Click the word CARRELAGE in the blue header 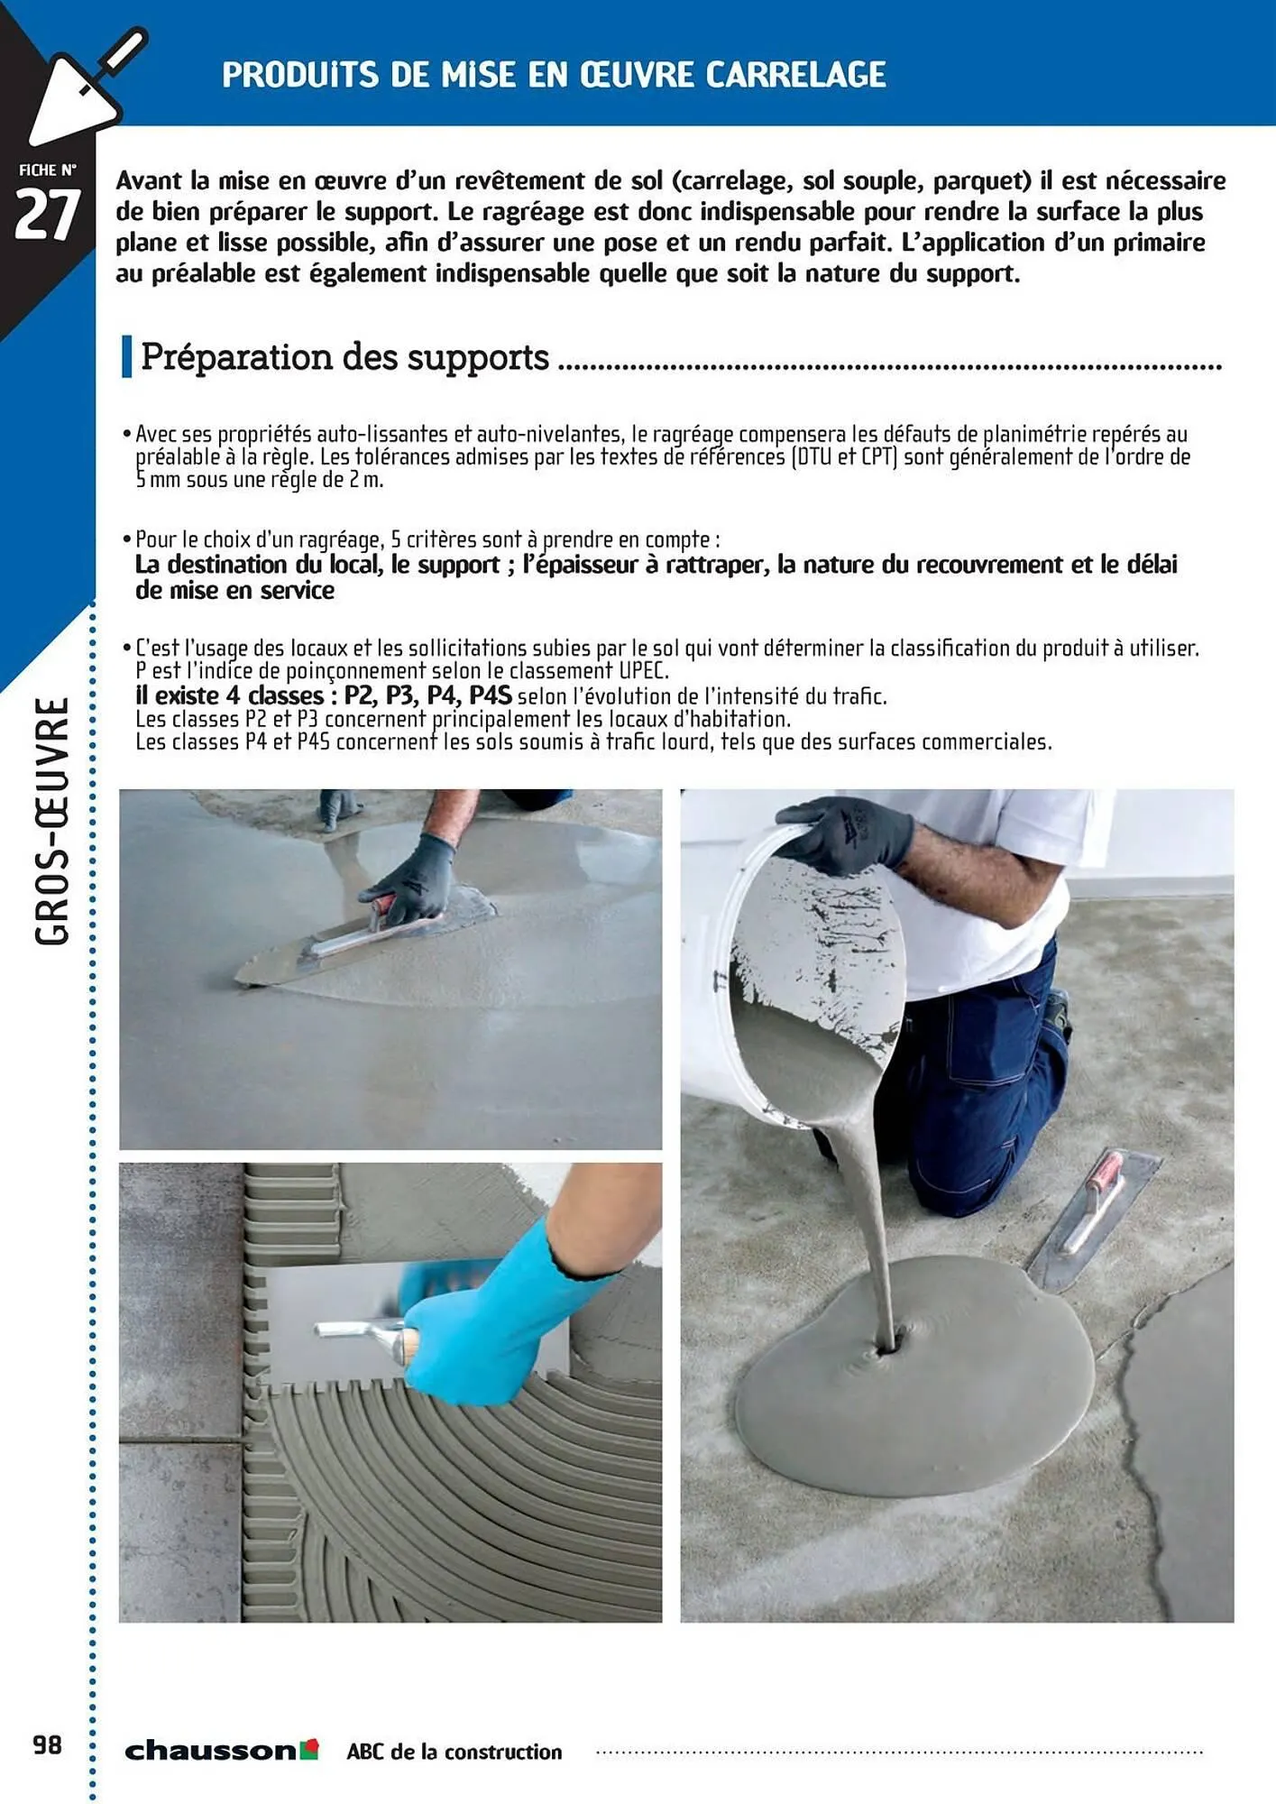tap(795, 75)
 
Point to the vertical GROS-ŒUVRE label tap(52, 821)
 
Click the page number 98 tap(48, 1745)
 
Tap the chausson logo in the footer tap(221, 1750)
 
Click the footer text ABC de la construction tap(454, 1752)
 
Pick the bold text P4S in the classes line tap(490, 696)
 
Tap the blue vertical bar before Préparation tap(127, 357)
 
